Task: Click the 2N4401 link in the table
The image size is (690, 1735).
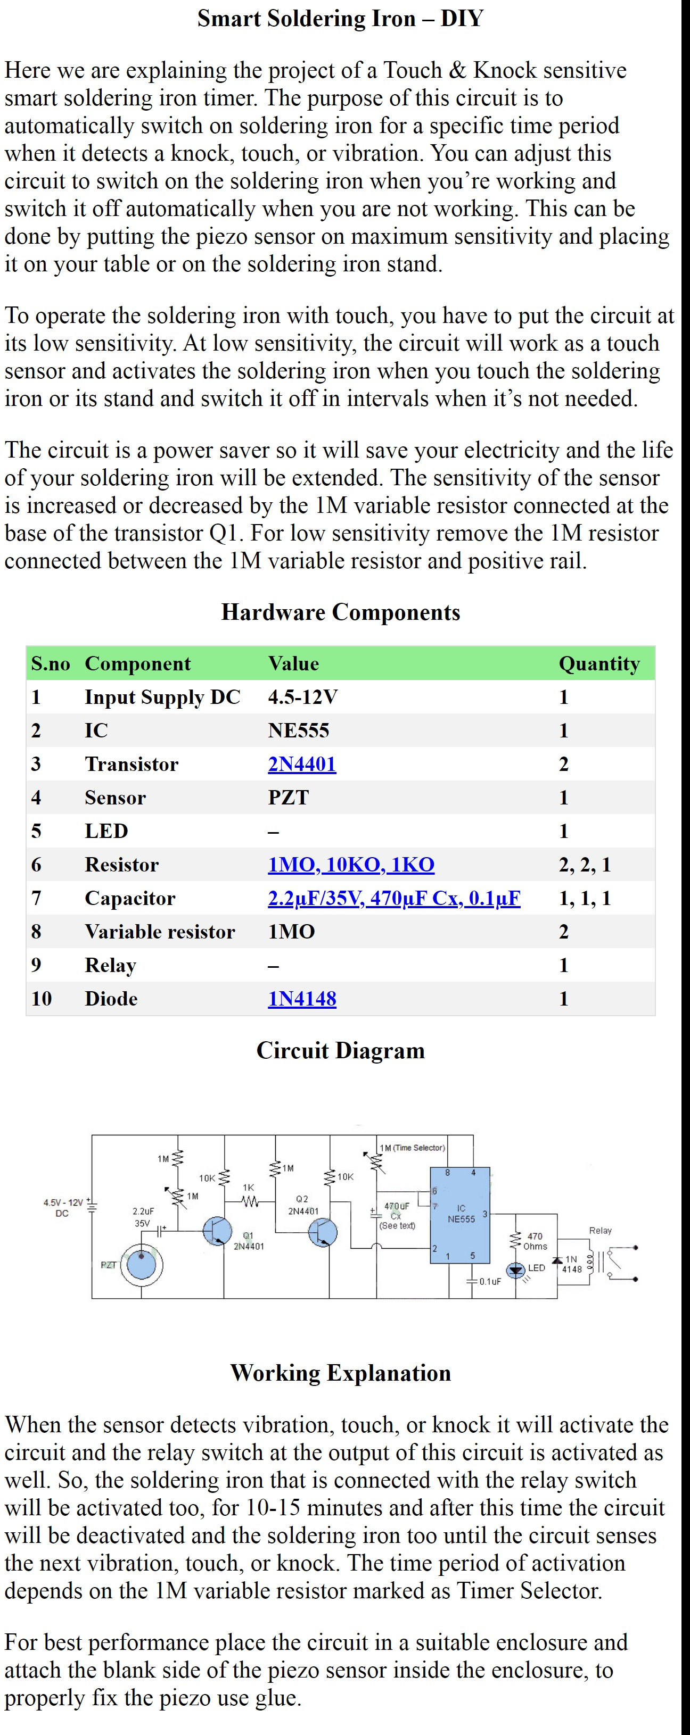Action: coord(302,764)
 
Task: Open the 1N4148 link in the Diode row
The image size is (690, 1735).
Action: coord(302,998)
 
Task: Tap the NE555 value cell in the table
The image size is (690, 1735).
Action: coord(299,730)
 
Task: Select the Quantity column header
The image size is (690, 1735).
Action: coord(599,663)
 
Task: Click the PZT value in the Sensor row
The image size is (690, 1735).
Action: coord(289,798)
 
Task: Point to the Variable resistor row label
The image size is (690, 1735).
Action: coord(160,932)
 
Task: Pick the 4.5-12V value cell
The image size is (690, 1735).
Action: coord(302,697)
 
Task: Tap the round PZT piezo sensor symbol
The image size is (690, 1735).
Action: coord(142,1266)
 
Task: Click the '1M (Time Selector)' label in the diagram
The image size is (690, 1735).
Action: coord(412,1148)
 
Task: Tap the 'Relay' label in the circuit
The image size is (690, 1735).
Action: coord(601,1231)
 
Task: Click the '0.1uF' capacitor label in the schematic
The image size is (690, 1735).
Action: coord(490,1281)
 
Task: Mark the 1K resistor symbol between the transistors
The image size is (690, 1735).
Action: coord(249,1201)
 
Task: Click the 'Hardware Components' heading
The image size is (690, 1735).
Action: coord(341,612)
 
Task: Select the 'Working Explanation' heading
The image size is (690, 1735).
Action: coord(341,1373)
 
